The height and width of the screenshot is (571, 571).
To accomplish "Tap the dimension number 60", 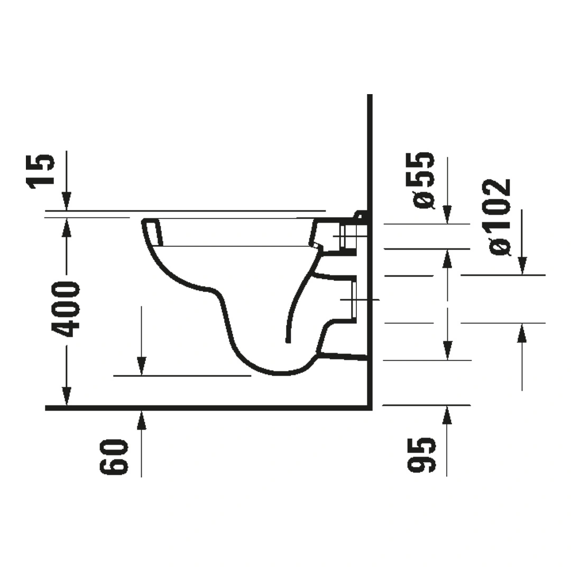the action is (114, 457).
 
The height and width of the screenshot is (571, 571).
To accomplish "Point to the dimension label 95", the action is (421, 455).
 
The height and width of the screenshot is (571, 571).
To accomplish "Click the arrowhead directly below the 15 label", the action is (67, 201).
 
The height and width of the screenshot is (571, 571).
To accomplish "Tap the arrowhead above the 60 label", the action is (142, 419).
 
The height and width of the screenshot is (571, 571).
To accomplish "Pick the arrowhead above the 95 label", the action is (447, 415).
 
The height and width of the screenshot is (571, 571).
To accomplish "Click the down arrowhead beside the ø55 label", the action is (447, 215).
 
